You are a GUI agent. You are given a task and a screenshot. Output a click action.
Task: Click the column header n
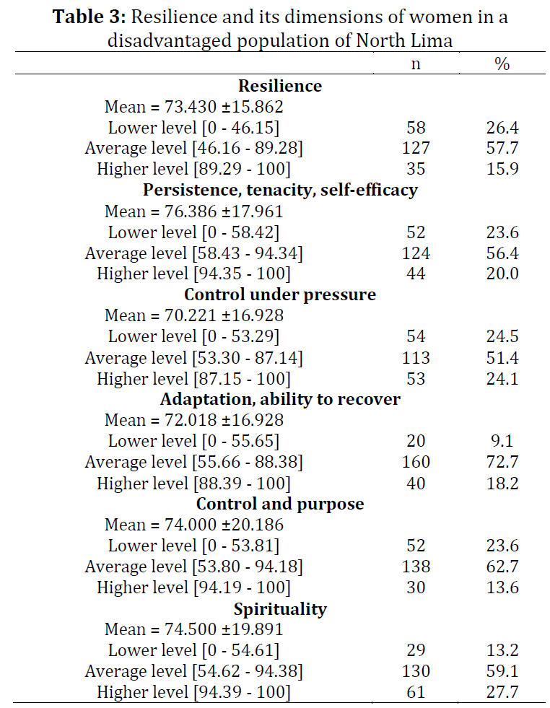click(416, 64)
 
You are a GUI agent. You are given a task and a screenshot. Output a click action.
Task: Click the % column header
click(502, 64)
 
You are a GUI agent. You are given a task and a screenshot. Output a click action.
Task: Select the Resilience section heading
click(280, 86)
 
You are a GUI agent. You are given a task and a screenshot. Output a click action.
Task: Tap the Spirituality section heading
click(280, 609)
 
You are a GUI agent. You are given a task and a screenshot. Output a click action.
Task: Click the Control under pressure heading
click(280, 294)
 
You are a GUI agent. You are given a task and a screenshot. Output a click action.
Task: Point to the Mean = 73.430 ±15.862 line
click(194, 107)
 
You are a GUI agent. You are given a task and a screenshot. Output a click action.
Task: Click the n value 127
click(416, 148)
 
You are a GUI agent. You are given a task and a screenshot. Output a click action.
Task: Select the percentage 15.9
click(502, 169)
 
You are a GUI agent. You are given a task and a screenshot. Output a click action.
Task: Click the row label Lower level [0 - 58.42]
click(193, 232)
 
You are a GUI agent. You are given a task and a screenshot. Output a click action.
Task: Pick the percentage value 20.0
click(502, 274)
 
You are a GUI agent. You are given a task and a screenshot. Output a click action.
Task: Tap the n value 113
click(416, 358)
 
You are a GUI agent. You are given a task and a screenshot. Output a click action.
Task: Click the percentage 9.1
click(502, 441)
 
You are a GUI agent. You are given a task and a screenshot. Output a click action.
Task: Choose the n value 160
click(416, 462)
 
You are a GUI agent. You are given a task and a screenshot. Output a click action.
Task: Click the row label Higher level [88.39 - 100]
click(193, 484)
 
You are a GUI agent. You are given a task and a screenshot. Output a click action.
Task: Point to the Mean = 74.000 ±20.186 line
click(194, 525)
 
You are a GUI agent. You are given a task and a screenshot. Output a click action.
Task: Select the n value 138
click(416, 567)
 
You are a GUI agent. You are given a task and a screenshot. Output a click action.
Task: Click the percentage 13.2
click(502, 650)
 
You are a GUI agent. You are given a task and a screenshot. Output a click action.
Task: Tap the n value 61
click(416, 691)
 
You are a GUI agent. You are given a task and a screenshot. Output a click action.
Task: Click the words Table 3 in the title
click(89, 17)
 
